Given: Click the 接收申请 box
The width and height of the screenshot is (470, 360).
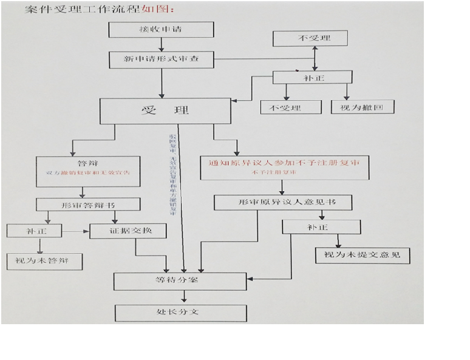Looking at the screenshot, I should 162,30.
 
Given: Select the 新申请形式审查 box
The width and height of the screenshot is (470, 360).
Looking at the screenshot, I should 162,59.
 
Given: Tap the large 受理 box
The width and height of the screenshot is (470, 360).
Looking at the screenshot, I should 165,110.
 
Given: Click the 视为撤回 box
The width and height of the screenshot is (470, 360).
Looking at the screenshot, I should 363,107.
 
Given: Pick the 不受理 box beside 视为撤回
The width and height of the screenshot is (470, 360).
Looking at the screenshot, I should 290,107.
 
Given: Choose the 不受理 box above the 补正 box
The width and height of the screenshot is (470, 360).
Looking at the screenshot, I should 310,38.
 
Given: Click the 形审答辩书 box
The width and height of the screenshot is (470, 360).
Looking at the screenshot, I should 88,205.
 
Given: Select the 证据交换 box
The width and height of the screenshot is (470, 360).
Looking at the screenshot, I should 128,231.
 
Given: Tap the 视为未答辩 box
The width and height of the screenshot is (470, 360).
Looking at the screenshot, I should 44,261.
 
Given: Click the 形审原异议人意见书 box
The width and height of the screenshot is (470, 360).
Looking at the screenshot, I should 283,203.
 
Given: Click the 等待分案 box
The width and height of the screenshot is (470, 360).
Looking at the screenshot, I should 180,281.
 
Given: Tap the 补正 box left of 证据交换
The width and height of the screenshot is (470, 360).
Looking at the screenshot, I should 35,231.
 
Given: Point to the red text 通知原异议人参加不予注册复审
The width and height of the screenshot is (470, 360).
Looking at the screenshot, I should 284,163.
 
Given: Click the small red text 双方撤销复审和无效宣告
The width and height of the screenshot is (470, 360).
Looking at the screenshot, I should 88,173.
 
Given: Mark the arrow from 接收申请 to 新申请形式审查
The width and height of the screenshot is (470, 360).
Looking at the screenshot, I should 162,44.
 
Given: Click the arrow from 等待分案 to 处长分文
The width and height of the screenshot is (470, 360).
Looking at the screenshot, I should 184,297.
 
